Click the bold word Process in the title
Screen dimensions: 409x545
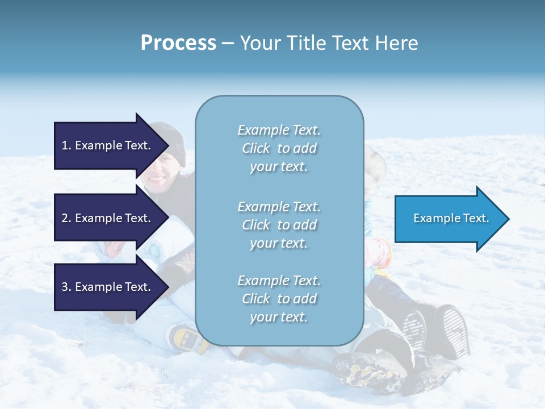(x=178, y=43)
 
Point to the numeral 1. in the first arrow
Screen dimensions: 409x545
(x=66, y=145)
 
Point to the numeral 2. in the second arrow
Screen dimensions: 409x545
(x=66, y=218)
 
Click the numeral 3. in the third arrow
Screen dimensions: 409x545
(x=66, y=287)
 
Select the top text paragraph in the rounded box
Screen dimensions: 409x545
(x=279, y=148)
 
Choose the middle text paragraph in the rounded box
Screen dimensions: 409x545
(x=279, y=225)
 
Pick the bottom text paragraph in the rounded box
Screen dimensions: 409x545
(x=279, y=299)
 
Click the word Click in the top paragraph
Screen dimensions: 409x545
(x=256, y=148)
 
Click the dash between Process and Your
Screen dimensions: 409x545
(x=228, y=43)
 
